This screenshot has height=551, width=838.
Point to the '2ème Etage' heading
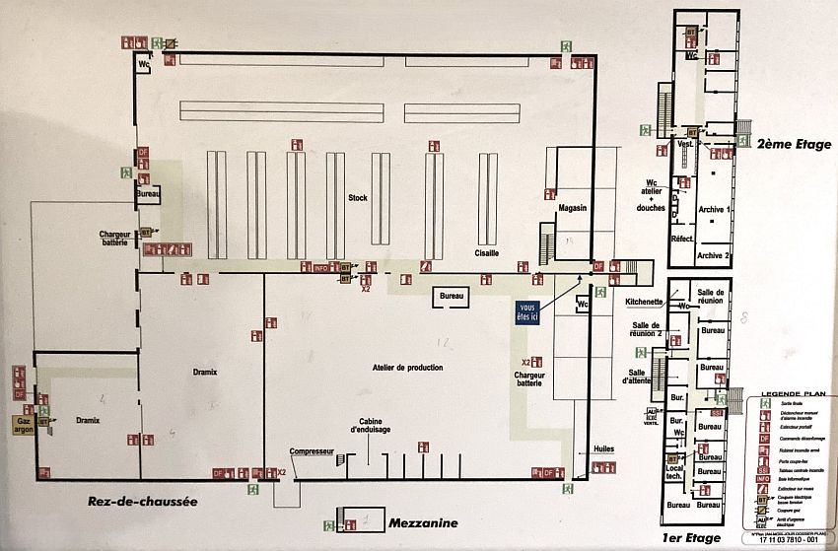click(794, 144)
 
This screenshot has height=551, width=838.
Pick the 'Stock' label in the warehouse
click(357, 197)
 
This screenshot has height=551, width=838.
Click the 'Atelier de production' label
click(408, 368)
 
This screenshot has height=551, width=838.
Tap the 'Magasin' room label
click(572, 208)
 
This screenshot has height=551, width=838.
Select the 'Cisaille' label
click(486, 253)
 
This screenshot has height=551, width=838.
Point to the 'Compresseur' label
click(313, 452)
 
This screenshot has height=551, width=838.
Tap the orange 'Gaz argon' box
click(26, 423)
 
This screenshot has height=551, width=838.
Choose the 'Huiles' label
click(603, 448)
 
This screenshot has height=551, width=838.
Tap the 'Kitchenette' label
click(644, 302)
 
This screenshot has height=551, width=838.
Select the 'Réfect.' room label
click(682, 240)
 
